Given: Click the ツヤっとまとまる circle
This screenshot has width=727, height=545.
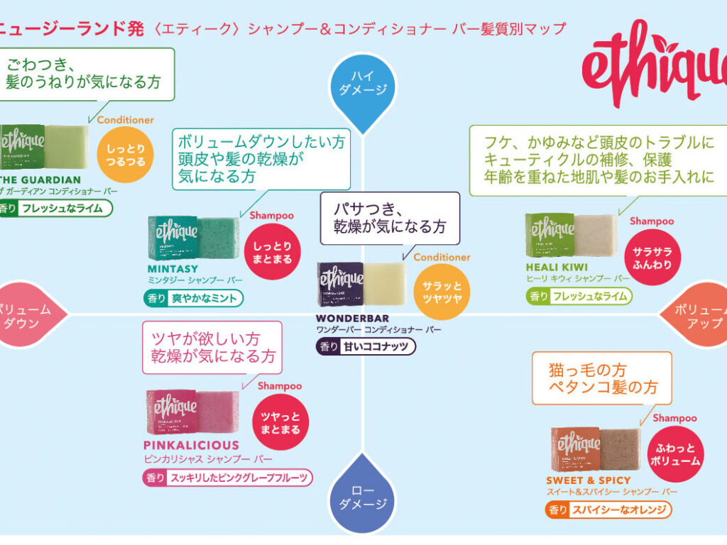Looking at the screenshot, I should point(280,422).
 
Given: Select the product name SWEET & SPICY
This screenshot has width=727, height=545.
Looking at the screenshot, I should point(589,480).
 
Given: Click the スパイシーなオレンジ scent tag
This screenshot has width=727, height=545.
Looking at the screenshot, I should point(608,509).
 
